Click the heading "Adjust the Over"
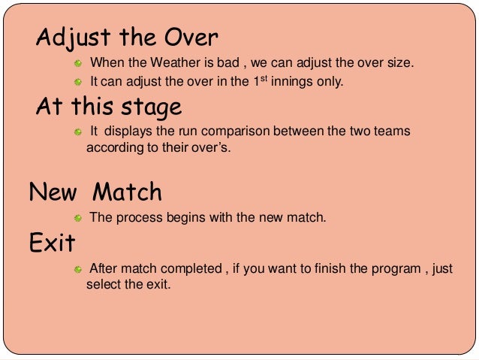tap(127, 37)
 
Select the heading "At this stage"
tap(109, 107)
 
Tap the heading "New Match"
tap(95, 192)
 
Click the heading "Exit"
tap(52, 243)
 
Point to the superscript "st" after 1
tap(264, 77)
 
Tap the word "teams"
tap(389, 131)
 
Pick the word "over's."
tap(209, 147)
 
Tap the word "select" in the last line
tap(104, 285)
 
